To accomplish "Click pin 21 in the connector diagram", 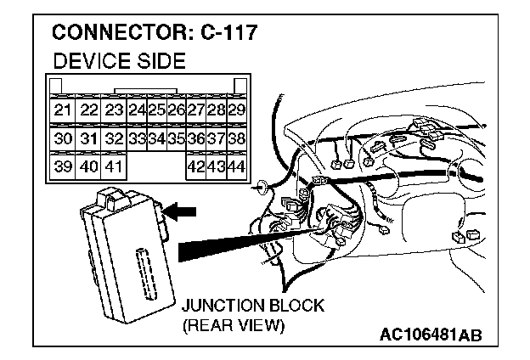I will tap(62, 110).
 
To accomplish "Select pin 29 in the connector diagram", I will tap(238, 110).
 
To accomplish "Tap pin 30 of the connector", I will tap(62, 138).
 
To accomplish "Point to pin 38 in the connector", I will tap(238, 138).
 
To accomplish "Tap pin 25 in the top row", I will tap(156, 110).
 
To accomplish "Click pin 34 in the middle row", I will tap(156, 138).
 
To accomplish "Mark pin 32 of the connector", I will tap(114, 138).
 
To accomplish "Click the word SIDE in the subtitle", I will tap(159, 62).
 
